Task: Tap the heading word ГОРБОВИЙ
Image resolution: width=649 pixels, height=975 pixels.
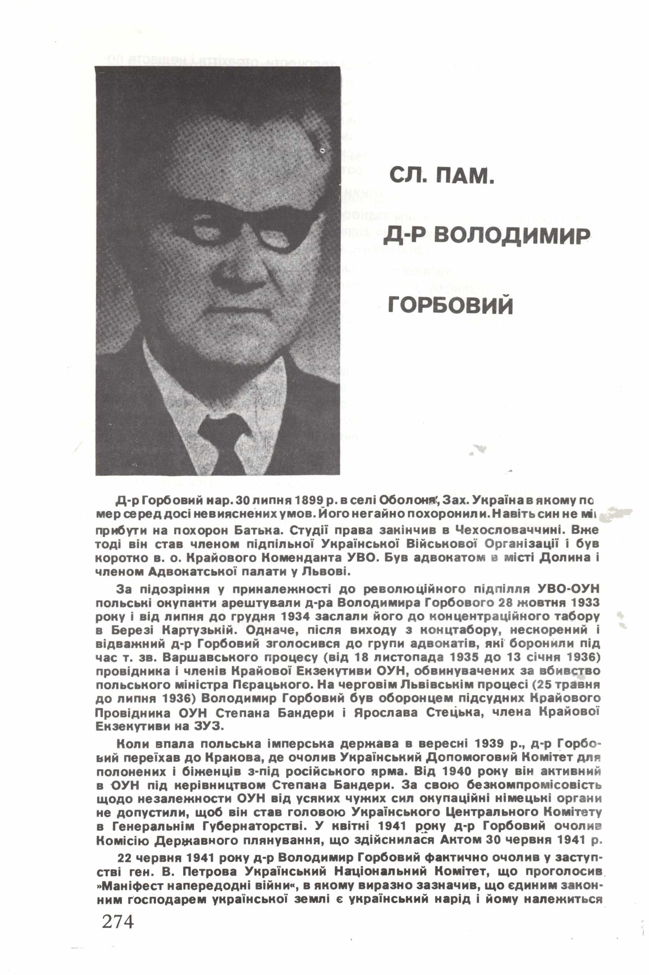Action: (x=450, y=306)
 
